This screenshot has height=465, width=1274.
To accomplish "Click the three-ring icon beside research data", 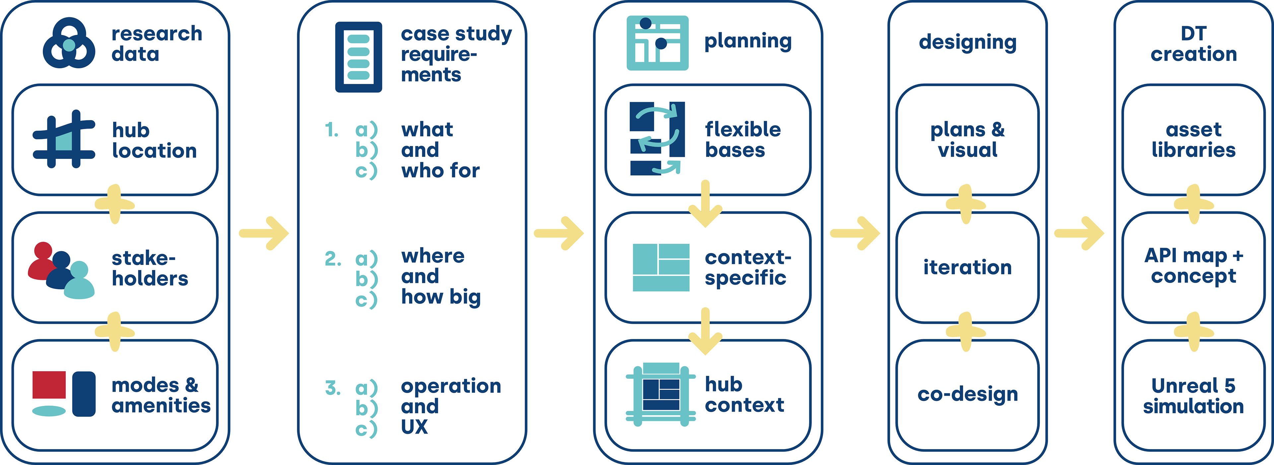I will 69,43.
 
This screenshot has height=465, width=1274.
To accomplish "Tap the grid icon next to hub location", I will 63,139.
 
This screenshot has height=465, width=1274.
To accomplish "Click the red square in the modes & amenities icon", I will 49,384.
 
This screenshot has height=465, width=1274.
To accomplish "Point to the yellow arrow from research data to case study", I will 264,233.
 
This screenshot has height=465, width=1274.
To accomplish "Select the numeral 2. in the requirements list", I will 333,258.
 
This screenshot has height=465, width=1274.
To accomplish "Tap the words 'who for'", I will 440,170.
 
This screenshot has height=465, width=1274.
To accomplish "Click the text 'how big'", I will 441,297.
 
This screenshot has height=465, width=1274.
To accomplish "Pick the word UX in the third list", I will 414,427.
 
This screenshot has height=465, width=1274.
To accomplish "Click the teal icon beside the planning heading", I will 657,43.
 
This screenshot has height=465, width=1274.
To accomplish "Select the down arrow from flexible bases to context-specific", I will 705,204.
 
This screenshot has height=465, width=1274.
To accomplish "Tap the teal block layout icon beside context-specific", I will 661,267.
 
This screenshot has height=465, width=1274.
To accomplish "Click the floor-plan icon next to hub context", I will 661,394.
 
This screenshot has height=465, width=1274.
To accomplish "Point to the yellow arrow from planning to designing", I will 855,233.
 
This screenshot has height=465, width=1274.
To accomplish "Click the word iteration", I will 967,267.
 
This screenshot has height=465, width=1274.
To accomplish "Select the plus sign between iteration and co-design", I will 965,332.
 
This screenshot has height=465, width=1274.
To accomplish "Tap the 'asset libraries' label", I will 1193,140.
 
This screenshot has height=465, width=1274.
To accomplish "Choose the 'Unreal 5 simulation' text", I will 1193,395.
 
